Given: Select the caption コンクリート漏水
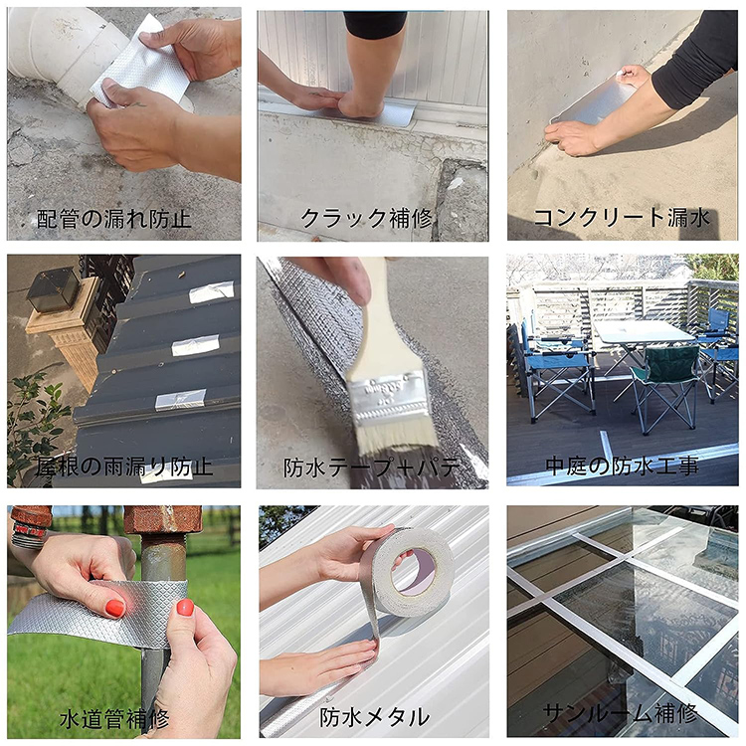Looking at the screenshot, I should [623, 218].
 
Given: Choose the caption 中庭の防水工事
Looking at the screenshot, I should [622, 466].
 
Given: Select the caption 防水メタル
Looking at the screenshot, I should [374, 716].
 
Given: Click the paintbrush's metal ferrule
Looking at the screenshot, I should [390, 393].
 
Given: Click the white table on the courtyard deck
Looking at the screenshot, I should [642, 333].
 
